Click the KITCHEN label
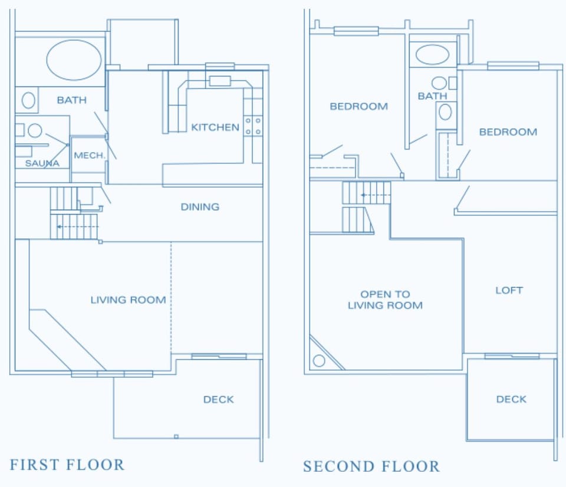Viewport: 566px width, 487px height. click(x=215, y=127)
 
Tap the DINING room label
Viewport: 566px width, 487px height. click(x=200, y=207)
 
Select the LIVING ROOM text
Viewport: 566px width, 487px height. click(x=128, y=300)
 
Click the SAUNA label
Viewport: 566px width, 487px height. click(x=42, y=163)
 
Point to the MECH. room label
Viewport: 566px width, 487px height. click(x=89, y=156)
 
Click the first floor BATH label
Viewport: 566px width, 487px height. click(x=71, y=100)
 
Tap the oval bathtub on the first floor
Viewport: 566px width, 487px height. click(x=74, y=60)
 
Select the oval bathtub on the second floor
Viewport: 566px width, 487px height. click(x=432, y=55)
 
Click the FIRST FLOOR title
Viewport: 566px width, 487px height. click(x=67, y=465)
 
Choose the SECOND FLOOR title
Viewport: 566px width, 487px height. click(x=371, y=466)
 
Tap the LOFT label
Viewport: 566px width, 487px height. click(x=509, y=291)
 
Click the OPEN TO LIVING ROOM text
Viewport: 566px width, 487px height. click(x=385, y=300)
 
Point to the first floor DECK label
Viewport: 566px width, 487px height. click(x=218, y=400)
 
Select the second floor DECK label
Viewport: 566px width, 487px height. click(x=511, y=400)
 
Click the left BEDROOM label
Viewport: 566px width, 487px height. click(x=358, y=107)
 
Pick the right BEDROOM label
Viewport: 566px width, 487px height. click(x=508, y=132)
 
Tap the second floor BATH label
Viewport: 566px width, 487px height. click(x=432, y=96)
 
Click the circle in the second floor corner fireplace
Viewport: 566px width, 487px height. click(x=319, y=360)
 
